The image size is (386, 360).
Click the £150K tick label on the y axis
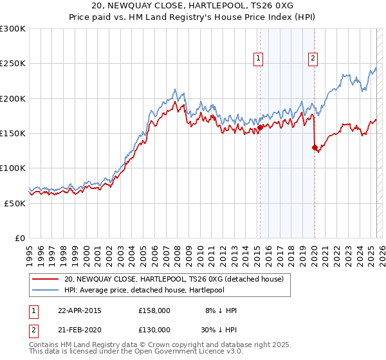[13, 133]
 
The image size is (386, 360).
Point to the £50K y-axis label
[15, 203]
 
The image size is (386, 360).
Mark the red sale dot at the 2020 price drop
[315, 147]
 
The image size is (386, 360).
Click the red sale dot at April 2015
[260, 128]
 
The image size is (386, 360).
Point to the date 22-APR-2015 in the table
[80, 310]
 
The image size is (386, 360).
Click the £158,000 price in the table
[154, 310]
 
